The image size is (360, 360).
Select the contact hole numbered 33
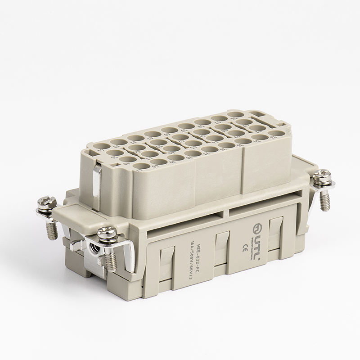pos(276,133)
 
